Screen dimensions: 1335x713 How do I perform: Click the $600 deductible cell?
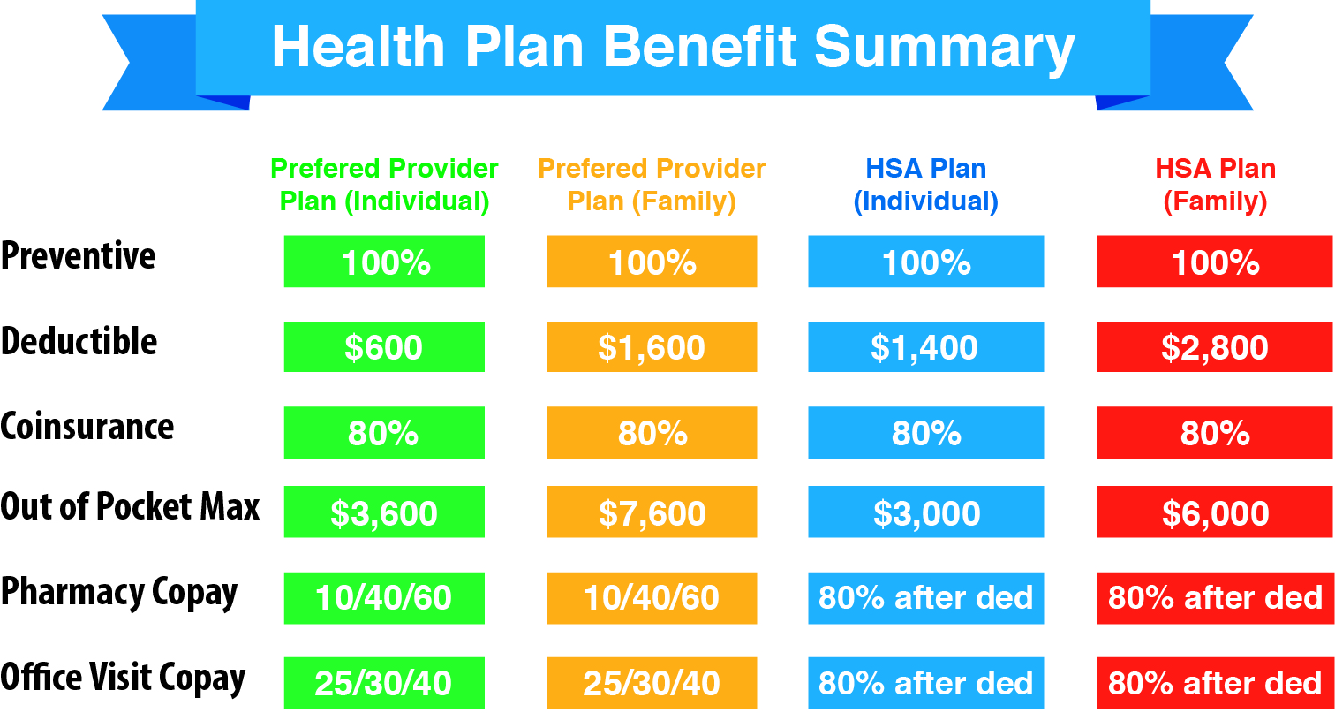(384, 347)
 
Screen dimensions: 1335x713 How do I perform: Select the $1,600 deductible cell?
(652, 347)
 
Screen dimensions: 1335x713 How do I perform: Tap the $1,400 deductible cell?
(925, 347)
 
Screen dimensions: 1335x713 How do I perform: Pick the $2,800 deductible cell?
(1215, 347)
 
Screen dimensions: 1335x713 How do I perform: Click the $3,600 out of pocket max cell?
(384, 512)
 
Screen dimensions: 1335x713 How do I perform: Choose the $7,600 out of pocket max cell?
(652, 512)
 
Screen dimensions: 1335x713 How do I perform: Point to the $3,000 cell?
(925, 512)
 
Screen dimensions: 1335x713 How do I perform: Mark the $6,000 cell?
(1215, 512)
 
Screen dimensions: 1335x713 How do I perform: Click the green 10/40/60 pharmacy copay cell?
(384, 598)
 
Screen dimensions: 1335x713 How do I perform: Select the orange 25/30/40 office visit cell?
(652, 683)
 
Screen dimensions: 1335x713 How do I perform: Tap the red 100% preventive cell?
(1215, 262)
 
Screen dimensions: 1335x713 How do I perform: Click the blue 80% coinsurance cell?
(925, 432)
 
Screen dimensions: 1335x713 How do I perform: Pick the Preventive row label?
(78, 255)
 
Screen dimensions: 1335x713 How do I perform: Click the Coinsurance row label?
(87, 427)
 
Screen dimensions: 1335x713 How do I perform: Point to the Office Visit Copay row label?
(123, 679)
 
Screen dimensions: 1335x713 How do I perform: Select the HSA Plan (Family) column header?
(1215, 185)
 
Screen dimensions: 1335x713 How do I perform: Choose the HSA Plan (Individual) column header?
(925, 185)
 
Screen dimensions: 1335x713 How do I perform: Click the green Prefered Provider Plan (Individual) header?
(384, 185)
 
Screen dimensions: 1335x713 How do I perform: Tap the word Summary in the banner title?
(944, 49)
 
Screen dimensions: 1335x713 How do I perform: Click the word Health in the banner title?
(358, 47)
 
